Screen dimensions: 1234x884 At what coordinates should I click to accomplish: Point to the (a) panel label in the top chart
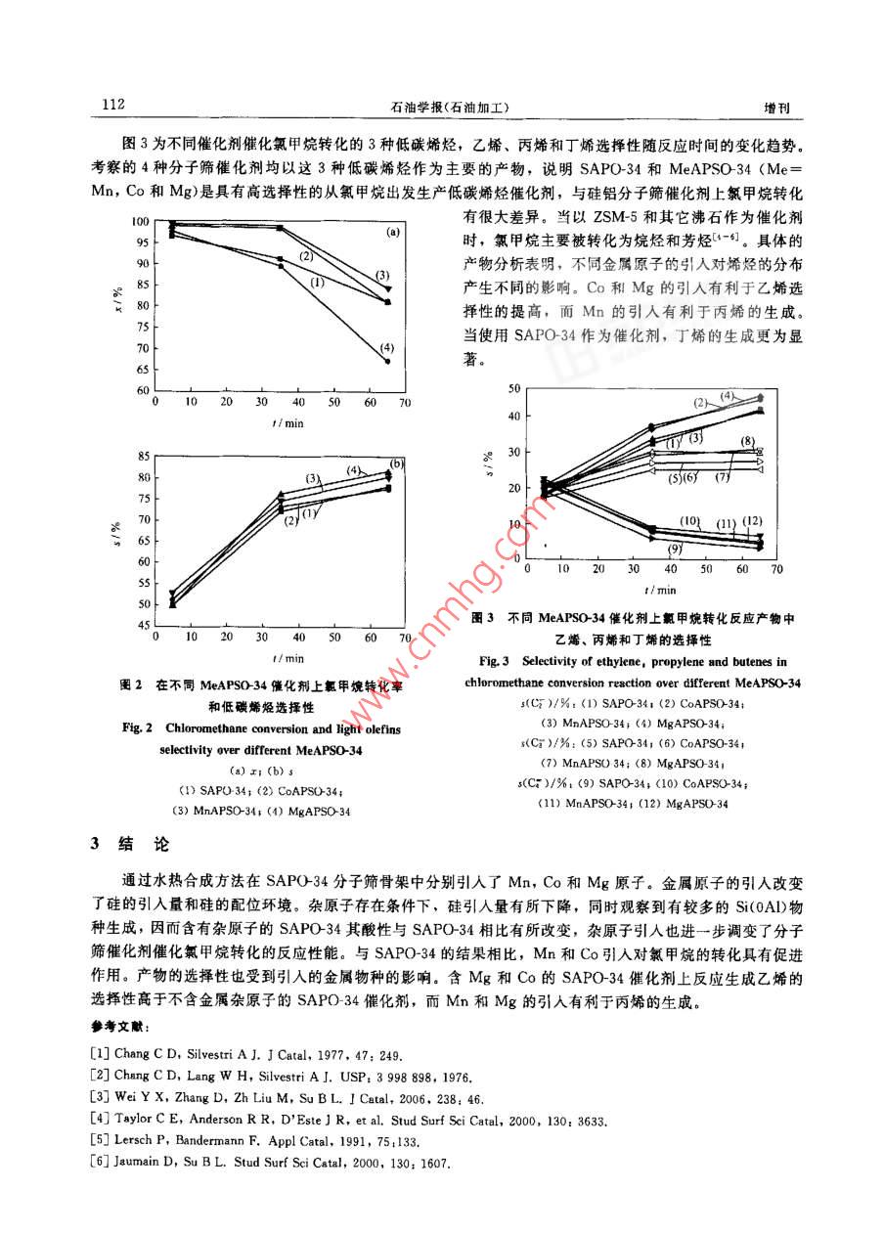(x=392, y=233)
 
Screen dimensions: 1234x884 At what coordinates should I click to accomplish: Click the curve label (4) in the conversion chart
(x=387, y=347)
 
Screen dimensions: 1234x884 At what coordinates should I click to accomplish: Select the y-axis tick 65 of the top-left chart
(x=143, y=370)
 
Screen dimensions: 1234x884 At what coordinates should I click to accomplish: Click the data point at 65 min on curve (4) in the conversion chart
(x=388, y=362)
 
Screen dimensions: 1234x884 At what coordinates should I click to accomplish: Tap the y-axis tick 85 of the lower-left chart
(x=143, y=457)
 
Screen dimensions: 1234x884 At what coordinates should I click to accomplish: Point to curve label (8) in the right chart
(x=748, y=442)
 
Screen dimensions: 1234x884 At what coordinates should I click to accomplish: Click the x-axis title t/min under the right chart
(x=660, y=590)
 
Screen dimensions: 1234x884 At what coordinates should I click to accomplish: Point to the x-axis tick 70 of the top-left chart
(x=405, y=402)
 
